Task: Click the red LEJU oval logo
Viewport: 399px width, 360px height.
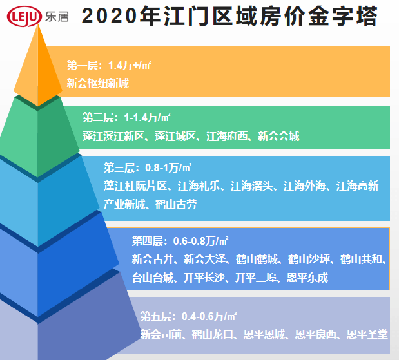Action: coord(24,16)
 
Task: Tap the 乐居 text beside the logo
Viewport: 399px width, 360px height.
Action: coord(57,17)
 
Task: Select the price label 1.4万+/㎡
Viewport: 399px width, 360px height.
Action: coord(130,65)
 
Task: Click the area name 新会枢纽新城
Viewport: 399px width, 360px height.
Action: coord(98,83)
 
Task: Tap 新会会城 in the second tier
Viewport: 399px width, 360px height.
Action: coord(278,136)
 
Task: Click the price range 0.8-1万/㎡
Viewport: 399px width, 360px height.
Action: coord(168,167)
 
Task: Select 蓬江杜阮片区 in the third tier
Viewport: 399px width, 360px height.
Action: coord(135,186)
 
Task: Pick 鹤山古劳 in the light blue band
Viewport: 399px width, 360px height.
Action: coord(176,204)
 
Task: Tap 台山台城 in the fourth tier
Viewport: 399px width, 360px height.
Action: coord(153,278)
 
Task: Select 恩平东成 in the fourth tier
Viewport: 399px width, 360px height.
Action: coord(307,278)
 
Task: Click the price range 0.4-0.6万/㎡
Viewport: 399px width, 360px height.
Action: coord(209,316)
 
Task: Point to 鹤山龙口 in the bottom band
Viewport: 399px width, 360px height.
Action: coord(213,334)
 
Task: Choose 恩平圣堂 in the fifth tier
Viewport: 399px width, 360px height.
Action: coord(367,334)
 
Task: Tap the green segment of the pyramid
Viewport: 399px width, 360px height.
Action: coord(38,137)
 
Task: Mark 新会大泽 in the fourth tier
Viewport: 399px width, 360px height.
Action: coord(204,260)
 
